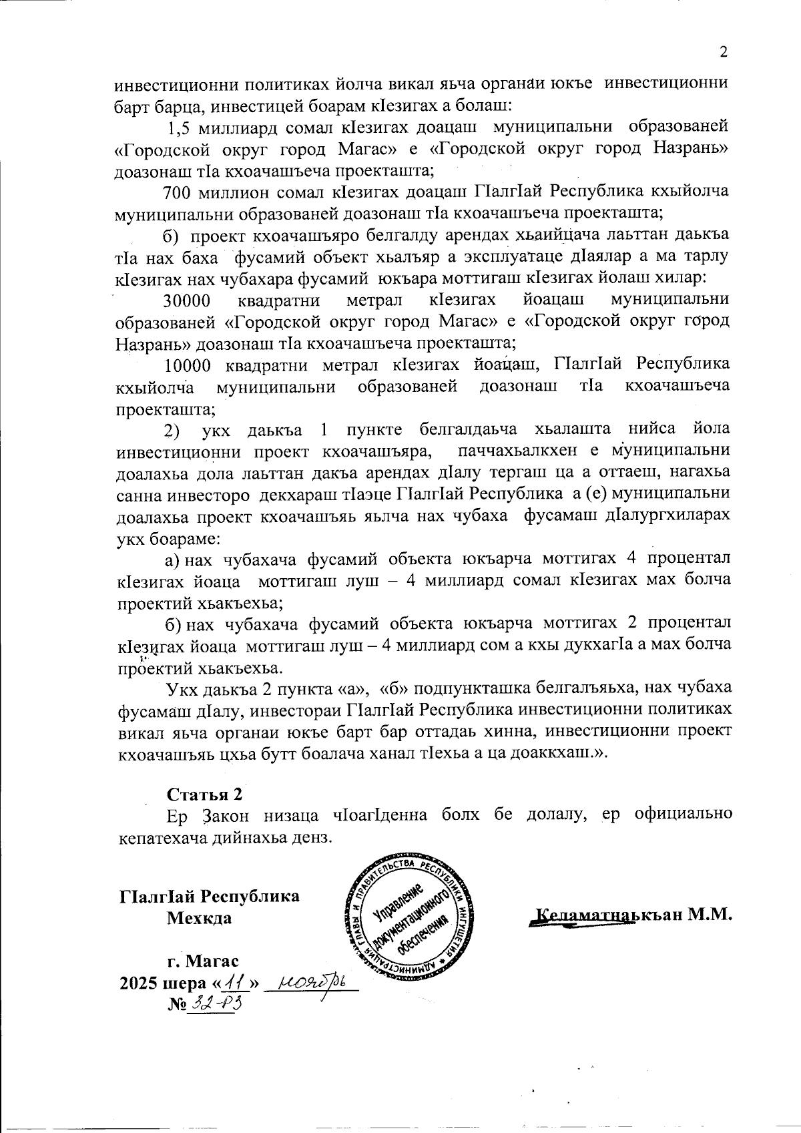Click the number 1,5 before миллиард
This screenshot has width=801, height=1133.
click(x=181, y=126)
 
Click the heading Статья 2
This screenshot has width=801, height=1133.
click(x=204, y=795)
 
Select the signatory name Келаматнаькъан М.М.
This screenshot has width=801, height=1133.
click(x=634, y=914)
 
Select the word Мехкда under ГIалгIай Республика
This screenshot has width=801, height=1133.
click(x=199, y=917)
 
